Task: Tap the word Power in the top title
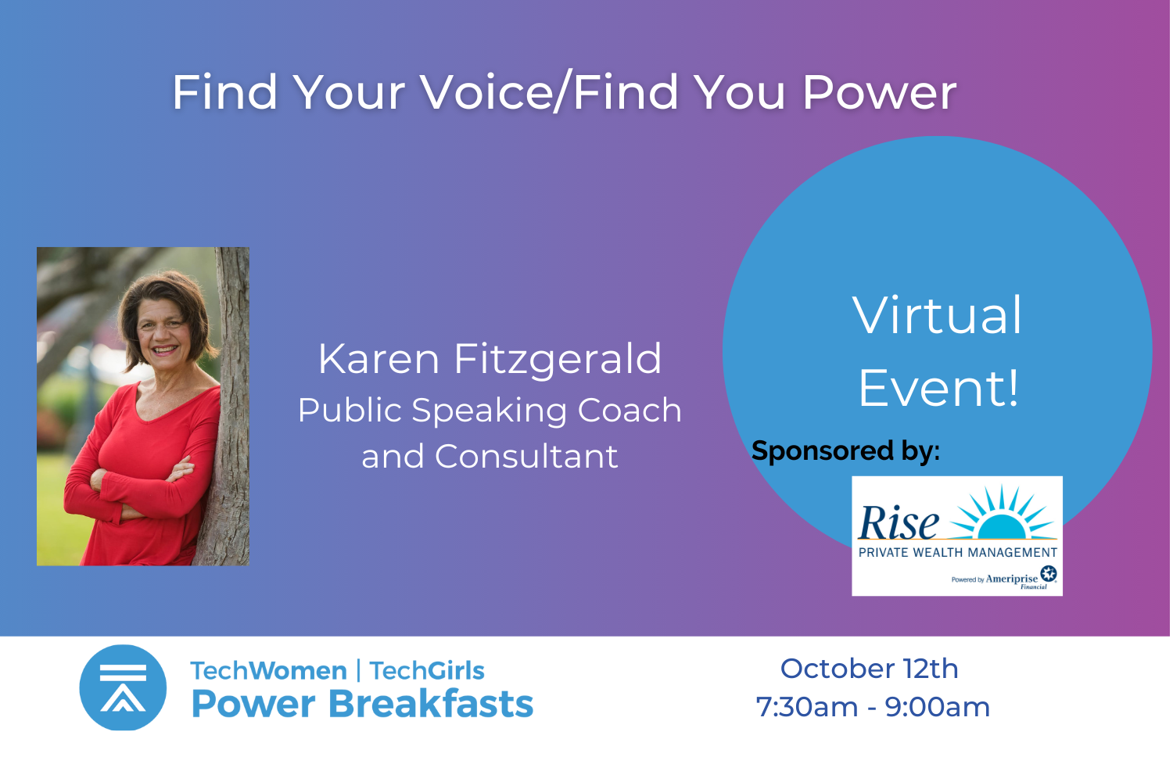pyautogui.click(x=880, y=93)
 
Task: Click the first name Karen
pyautogui.click(x=378, y=359)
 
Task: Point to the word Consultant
pyautogui.click(x=526, y=456)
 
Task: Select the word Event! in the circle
pyautogui.click(x=938, y=388)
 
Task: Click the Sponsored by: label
pyautogui.click(x=845, y=451)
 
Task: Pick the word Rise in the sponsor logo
pyautogui.click(x=898, y=522)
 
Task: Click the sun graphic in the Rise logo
pyautogui.click(x=1003, y=513)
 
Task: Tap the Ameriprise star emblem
pyautogui.click(x=1049, y=573)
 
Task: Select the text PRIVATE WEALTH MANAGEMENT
pyautogui.click(x=958, y=553)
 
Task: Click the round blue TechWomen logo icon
pyautogui.click(x=123, y=687)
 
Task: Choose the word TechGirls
pyautogui.click(x=427, y=671)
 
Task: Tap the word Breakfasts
pyautogui.click(x=430, y=704)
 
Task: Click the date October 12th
pyautogui.click(x=870, y=669)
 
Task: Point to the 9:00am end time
pyautogui.click(x=938, y=707)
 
